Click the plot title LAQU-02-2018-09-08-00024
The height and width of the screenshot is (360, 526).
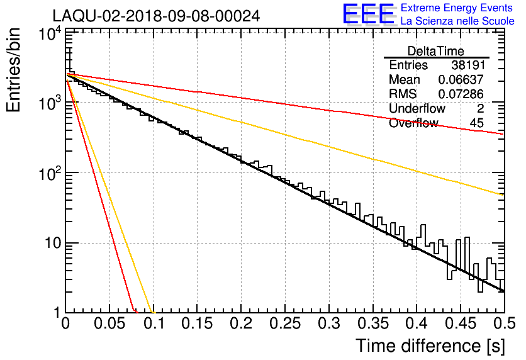(x=156, y=16)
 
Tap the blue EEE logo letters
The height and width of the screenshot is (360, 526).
(x=369, y=14)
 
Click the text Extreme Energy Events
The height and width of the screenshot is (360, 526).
(x=457, y=8)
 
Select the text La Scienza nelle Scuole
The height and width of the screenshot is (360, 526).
(x=457, y=21)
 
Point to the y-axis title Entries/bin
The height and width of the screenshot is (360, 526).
(x=13, y=70)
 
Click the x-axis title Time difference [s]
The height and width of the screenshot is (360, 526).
(x=430, y=346)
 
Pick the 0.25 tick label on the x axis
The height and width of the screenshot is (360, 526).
(x=285, y=323)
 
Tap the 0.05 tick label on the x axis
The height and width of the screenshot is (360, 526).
(x=109, y=323)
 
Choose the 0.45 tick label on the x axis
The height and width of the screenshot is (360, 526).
(x=461, y=323)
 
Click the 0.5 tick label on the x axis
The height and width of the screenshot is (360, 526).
(x=504, y=323)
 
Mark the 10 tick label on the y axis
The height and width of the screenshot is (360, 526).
(x=53, y=243)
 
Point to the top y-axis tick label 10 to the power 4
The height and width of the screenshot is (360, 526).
(x=50, y=33)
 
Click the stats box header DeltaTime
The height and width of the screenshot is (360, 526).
(x=436, y=51)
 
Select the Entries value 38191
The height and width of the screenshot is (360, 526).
(x=468, y=65)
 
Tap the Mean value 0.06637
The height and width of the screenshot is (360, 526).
(x=461, y=79)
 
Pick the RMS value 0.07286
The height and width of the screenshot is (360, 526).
(x=461, y=94)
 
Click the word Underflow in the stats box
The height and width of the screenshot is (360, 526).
(x=417, y=108)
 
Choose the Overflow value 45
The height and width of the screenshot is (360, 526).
(x=477, y=123)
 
